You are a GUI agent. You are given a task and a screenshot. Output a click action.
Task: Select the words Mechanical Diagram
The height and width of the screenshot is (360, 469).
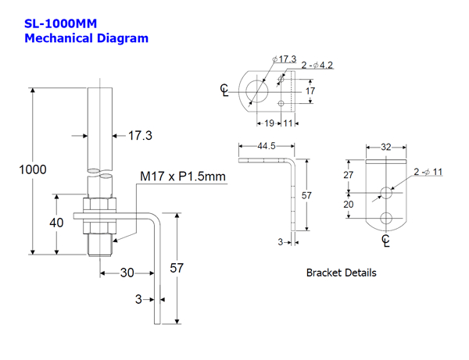(x=86, y=37)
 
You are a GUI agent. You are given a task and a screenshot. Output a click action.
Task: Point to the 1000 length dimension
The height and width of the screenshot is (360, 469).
(x=33, y=169)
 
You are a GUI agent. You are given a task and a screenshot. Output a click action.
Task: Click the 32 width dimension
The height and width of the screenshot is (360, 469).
(x=386, y=146)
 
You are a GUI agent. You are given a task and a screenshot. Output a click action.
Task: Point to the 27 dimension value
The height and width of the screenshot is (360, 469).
(x=349, y=176)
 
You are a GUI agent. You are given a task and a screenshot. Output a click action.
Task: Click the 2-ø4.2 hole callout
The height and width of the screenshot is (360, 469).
(x=317, y=66)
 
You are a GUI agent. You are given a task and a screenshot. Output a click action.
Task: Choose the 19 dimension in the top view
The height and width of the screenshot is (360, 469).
(x=268, y=123)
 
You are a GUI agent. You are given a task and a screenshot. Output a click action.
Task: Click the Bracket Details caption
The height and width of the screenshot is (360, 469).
(x=341, y=273)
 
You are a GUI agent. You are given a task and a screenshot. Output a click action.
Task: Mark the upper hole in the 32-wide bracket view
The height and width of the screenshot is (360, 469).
(x=386, y=191)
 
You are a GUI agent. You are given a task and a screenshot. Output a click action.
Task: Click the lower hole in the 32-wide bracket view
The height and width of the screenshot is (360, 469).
(x=386, y=217)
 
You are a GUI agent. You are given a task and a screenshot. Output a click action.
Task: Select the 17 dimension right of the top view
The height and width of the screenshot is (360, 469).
(x=310, y=91)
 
